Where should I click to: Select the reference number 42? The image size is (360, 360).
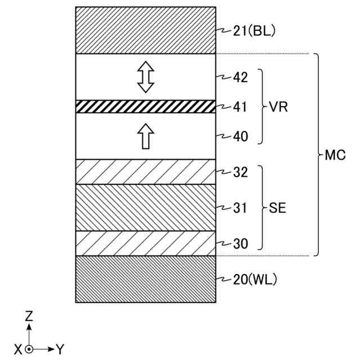240,78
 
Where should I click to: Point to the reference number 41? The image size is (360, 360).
240,106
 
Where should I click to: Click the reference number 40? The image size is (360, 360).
240,136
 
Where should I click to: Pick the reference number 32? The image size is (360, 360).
240,173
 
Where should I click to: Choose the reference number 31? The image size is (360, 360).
240,208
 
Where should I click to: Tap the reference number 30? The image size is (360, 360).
240,244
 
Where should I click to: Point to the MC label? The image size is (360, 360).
335,155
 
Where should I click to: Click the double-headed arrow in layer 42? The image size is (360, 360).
146,77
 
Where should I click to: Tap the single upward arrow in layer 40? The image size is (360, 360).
146,136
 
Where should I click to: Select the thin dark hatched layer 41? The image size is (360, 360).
146,106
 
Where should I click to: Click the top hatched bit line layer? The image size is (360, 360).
146,30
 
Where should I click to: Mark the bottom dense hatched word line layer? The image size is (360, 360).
146,279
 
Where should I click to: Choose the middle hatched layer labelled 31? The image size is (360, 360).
146,208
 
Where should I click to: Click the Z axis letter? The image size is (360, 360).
29,316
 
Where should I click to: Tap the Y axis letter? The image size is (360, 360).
60,349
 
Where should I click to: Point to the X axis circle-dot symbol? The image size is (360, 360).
29,349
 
